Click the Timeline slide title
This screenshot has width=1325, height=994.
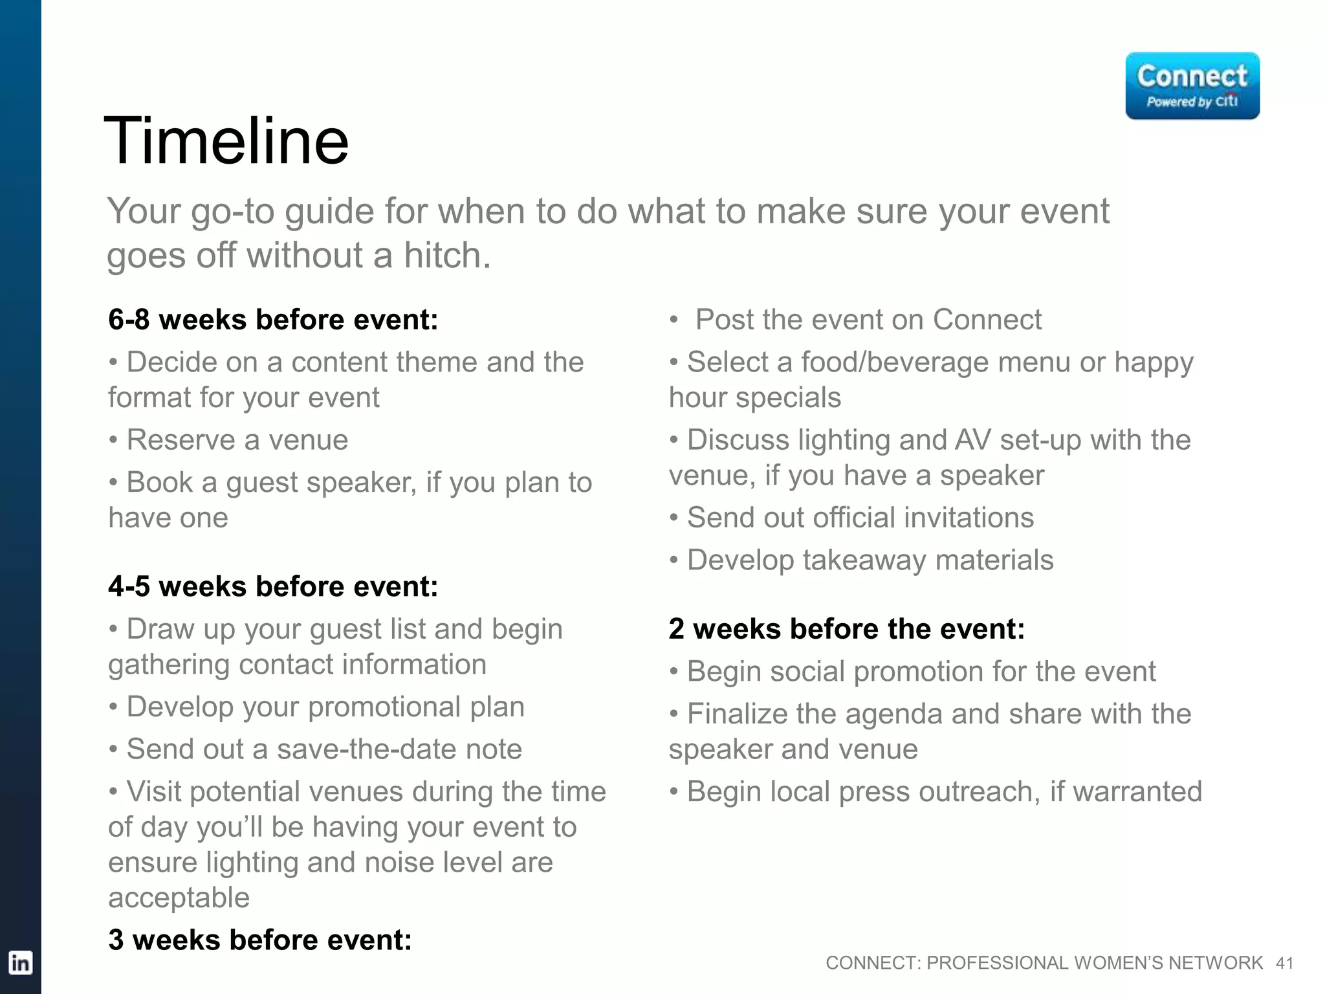[x=226, y=141]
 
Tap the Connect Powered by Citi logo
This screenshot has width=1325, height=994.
[x=1192, y=86]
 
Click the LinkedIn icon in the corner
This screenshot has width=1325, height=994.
[x=20, y=963]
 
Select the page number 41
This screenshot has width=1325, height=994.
[x=1284, y=964]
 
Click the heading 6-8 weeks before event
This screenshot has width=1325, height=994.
[x=273, y=320]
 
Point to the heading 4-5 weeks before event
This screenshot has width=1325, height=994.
[x=273, y=586]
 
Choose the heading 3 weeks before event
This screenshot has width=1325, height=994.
[x=260, y=940]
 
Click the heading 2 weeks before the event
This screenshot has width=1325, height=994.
[x=846, y=629]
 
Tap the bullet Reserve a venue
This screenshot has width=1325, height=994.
[x=236, y=440]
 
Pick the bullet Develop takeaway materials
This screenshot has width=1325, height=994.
[x=870, y=560]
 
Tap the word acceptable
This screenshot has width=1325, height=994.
[x=179, y=898]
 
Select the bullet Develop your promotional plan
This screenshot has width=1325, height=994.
[x=325, y=707]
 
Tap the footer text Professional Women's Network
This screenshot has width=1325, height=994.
[x=1094, y=963]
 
